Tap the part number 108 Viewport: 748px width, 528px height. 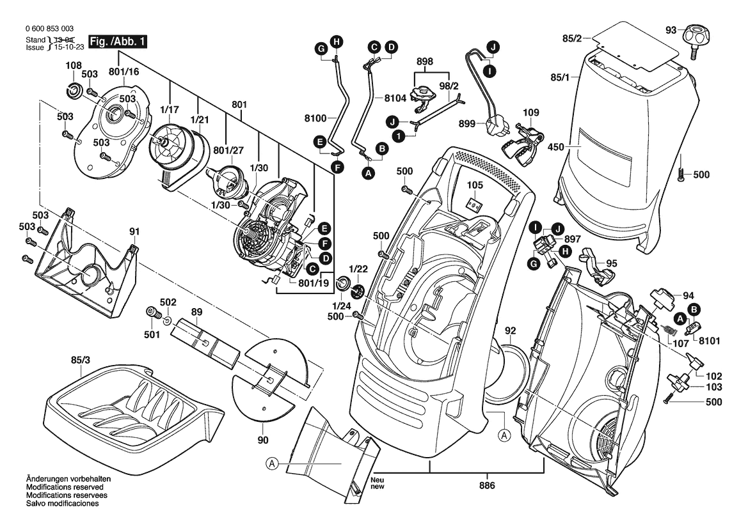coord(73,65)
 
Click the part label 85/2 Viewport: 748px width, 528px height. coord(571,40)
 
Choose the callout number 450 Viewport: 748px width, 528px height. coord(555,148)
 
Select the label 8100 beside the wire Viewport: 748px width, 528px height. coord(315,118)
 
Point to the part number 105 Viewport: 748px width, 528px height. coord(474,185)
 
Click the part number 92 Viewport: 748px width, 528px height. coord(510,331)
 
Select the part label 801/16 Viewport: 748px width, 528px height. coord(123,72)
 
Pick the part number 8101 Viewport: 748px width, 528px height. coord(708,341)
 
